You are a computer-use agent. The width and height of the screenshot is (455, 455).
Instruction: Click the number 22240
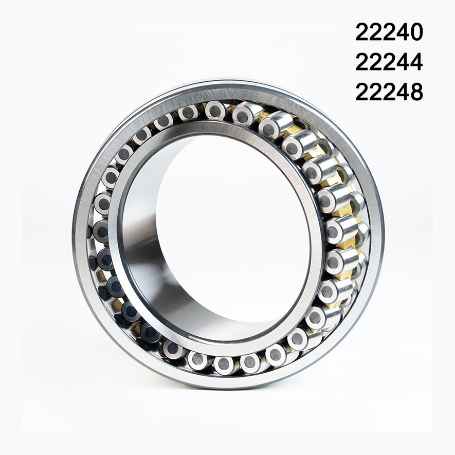[389, 32]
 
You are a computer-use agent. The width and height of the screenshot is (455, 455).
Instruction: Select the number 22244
[389, 62]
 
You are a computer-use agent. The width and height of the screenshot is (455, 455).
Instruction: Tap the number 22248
[389, 93]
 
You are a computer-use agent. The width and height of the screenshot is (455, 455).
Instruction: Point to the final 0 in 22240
[415, 32]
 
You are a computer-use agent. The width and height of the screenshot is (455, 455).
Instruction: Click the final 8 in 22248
[415, 93]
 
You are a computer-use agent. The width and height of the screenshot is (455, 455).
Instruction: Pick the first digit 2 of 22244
[362, 62]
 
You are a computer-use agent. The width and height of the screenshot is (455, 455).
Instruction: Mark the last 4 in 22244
[415, 62]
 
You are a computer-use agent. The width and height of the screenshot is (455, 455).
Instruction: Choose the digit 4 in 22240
[402, 32]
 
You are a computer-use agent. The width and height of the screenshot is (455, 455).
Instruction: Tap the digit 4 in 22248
[402, 93]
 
